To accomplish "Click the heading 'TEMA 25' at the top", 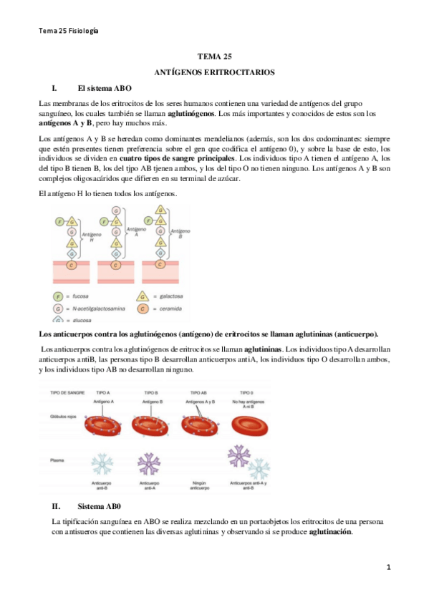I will [x=214, y=57].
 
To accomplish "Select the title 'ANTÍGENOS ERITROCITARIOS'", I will [x=214, y=73].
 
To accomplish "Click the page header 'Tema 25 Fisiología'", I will [x=69, y=31].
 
